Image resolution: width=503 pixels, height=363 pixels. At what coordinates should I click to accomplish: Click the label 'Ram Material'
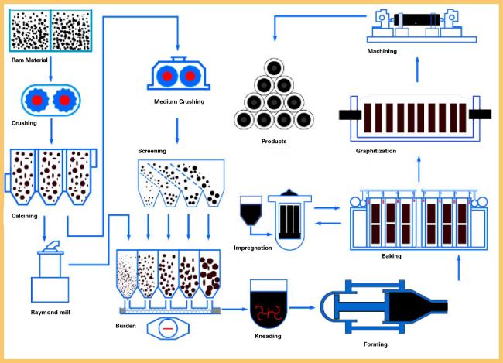click(x=29, y=60)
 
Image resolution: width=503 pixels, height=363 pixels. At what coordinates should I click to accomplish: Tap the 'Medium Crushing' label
click(x=179, y=101)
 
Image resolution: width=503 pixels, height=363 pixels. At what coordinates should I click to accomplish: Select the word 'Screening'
click(x=152, y=151)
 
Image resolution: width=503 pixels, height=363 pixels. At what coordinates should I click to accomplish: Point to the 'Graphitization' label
click(x=376, y=151)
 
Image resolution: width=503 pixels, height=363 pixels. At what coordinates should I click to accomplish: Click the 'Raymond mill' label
click(x=50, y=312)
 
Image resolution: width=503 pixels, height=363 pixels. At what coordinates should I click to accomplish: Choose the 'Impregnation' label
click(x=253, y=248)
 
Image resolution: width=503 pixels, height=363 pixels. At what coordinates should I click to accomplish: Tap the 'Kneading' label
click(x=268, y=336)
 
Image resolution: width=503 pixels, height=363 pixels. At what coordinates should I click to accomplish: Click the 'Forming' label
click(x=375, y=344)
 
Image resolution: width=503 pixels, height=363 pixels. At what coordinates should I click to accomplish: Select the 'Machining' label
click(x=382, y=51)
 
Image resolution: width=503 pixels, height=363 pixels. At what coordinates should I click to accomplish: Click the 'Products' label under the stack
click(x=274, y=141)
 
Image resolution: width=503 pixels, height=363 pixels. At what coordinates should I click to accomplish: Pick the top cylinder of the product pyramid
click(x=274, y=67)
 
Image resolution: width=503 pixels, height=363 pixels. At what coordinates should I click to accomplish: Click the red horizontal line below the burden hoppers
click(x=168, y=329)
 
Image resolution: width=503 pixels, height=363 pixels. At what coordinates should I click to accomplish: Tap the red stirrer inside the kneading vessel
click(x=269, y=313)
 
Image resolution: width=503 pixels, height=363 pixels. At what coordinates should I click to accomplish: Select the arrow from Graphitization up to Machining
click(x=417, y=70)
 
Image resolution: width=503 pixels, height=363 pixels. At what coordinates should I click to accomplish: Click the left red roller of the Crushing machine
click(x=37, y=100)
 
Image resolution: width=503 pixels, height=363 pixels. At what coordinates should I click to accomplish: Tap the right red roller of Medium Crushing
click(x=190, y=77)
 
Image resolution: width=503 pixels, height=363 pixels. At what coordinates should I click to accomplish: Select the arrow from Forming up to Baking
click(x=459, y=268)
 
